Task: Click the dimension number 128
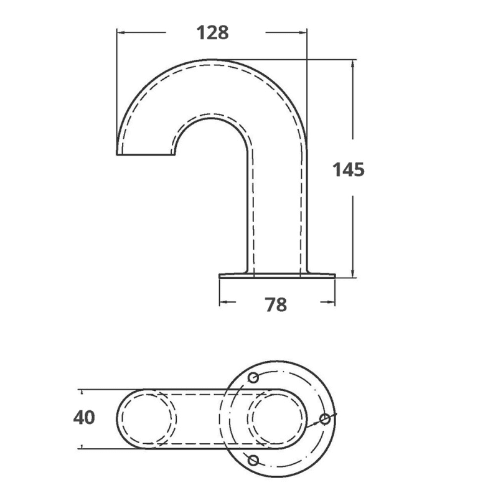[212, 33]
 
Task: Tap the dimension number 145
[349, 169]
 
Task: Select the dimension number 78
[276, 305]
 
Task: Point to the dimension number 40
[84, 417]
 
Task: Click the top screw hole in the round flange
[253, 378]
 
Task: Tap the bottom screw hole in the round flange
[253, 460]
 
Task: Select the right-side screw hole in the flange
[324, 419]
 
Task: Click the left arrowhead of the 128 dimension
[121, 32]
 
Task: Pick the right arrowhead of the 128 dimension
[303, 32]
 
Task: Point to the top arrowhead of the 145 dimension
[352, 64]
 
